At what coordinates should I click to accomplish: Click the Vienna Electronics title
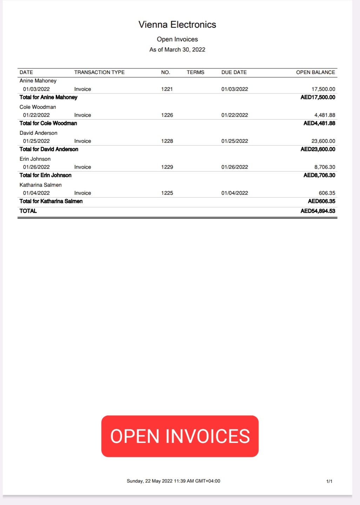pos(177,25)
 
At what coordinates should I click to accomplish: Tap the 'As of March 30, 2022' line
pos(177,49)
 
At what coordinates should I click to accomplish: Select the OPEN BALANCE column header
pos(315,72)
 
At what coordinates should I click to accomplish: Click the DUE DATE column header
pos(234,72)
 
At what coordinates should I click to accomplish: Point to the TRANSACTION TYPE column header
pos(99,72)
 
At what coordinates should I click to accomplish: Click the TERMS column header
pos(195,72)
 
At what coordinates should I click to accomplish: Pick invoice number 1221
pos(167,89)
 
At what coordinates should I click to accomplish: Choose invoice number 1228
pos(167,141)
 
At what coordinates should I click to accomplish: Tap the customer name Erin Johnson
pos(35,159)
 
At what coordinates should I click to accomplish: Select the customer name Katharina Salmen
pos(41,185)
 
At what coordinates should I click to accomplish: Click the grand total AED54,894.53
pos(318,211)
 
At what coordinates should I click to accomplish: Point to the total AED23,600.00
pos(318,149)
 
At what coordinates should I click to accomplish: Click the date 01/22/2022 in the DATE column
pos(36,115)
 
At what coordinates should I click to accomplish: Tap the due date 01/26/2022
pos(234,167)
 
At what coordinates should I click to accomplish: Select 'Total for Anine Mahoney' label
pos(48,97)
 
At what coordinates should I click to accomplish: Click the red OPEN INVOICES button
pos(180,436)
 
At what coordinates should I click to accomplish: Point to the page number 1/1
pos(329,481)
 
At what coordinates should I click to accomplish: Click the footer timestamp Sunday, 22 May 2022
pos(173,481)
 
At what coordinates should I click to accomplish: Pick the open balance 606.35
pos(327,193)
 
